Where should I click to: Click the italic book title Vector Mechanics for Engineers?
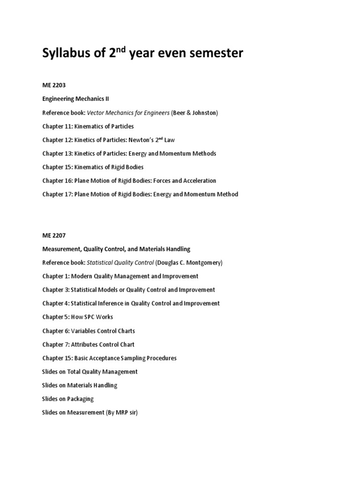128,112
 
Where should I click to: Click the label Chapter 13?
58,153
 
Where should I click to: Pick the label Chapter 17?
58,194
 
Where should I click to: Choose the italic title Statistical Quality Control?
120,262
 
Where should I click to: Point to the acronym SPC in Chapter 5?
89,317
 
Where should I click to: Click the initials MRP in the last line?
119,412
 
